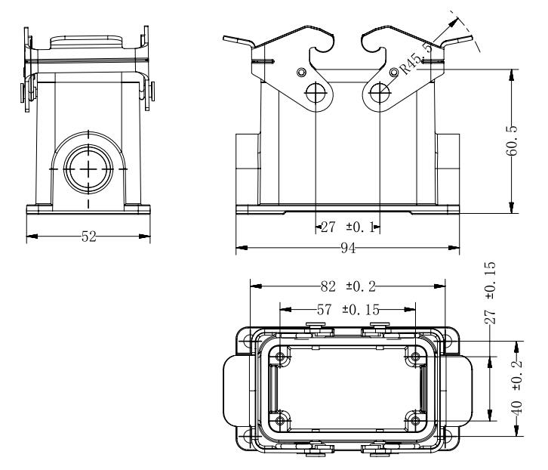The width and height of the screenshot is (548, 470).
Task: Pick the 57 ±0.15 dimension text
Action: (344, 308)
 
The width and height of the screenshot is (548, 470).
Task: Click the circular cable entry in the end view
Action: (88, 167)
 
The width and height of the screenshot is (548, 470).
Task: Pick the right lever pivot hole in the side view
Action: (380, 93)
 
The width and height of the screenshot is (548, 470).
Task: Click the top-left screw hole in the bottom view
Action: (282, 357)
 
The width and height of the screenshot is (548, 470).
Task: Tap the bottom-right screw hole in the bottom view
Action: (414, 420)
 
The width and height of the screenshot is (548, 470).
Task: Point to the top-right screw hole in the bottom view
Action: (414, 357)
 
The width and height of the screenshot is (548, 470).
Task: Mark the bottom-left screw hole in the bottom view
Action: (282, 420)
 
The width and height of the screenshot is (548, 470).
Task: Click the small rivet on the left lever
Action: (302, 72)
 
